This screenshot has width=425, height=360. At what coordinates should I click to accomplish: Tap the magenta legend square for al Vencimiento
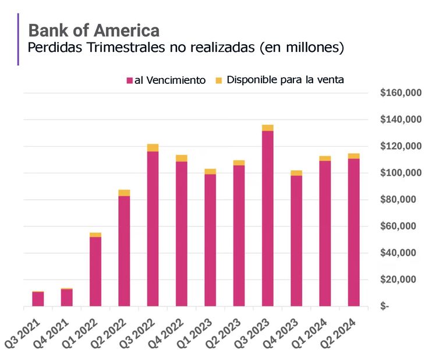pyautogui.click(x=129, y=80)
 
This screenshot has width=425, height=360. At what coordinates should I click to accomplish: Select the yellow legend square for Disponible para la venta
pyautogui.click(x=219, y=80)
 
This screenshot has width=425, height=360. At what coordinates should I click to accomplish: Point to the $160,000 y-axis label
pyautogui.click(x=399, y=93)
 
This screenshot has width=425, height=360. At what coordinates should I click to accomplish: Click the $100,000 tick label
pyautogui.click(x=399, y=173)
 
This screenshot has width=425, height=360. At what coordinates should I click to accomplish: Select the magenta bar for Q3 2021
pyautogui.click(x=38, y=299)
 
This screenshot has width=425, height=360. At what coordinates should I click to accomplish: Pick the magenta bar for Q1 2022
pyautogui.click(x=95, y=271)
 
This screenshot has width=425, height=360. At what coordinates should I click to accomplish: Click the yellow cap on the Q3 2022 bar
pyautogui.click(x=153, y=147)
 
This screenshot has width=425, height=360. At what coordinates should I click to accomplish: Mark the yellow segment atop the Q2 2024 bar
pyautogui.click(x=353, y=156)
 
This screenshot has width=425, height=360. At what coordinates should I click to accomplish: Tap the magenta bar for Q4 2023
pyautogui.click(x=296, y=240)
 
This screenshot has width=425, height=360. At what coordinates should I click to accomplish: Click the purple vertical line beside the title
pyautogui.click(x=19, y=39)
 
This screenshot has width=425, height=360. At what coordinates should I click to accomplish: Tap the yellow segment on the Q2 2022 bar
pyautogui.click(x=124, y=193)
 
